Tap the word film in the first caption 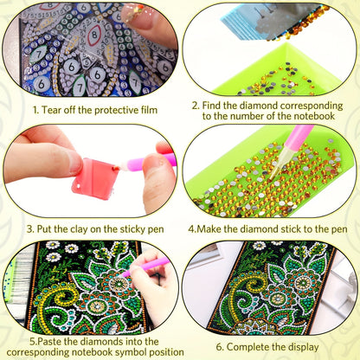[x=149, y=110]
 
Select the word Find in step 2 [x=211, y=106]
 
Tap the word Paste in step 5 [x=49, y=342]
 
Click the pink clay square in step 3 [x=95, y=177]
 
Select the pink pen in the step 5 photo [x=146, y=266]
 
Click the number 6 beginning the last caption [x=219, y=347]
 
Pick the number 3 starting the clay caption [x=29, y=229]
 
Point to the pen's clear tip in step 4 [x=275, y=166]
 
